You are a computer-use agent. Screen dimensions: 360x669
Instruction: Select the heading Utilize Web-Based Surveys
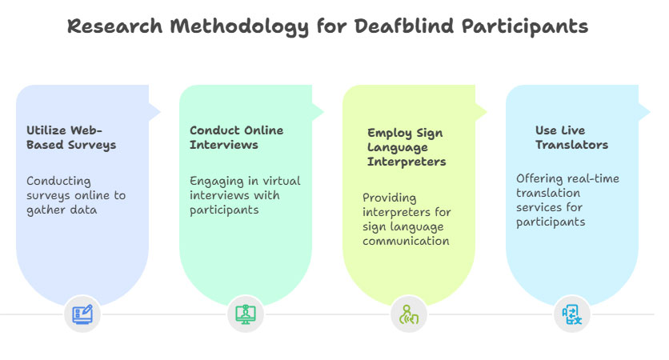pyautogui.click(x=70, y=138)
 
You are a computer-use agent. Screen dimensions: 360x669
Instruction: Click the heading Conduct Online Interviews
pyautogui.click(x=236, y=138)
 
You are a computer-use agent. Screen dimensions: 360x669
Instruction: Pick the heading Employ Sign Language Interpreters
pyautogui.click(x=406, y=147)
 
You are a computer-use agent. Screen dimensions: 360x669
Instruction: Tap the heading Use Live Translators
pyautogui.click(x=571, y=138)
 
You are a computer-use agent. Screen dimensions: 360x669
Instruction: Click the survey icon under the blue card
pyautogui.click(x=82, y=314)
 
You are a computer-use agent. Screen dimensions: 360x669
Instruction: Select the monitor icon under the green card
pyautogui.click(x=246, y=314)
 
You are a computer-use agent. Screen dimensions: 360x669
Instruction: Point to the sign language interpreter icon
pyautogui.click(x=409, y=314)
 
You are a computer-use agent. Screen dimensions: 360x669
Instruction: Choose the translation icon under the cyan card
pyautogui.click(x=571, y=314)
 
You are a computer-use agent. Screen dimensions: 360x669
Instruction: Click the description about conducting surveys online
pyautogui.click(x=75, y=195)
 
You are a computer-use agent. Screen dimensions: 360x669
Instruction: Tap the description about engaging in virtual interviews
pyautogui.click(x=245, y=195)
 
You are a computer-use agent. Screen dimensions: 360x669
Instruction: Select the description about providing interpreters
pyautogui.click(x=406, y=218)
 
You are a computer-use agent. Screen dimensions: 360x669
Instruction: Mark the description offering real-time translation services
pyautogui.click(x=567, y=199)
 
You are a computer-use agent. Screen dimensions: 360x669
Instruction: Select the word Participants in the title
pyautogui.click(x=528, y=26)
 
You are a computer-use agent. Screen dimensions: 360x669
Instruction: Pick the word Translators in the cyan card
pyautogui.click(x=571, y=146)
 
